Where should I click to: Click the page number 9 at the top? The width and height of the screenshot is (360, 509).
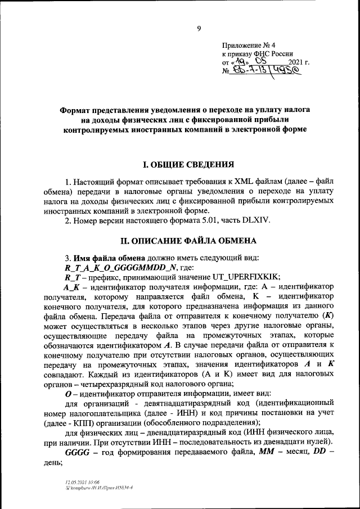[x=198, y=30]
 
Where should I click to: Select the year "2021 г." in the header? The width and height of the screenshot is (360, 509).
[x=299, y=63]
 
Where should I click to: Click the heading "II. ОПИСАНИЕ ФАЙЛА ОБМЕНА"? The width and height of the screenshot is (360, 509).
[x=188, y=241]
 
